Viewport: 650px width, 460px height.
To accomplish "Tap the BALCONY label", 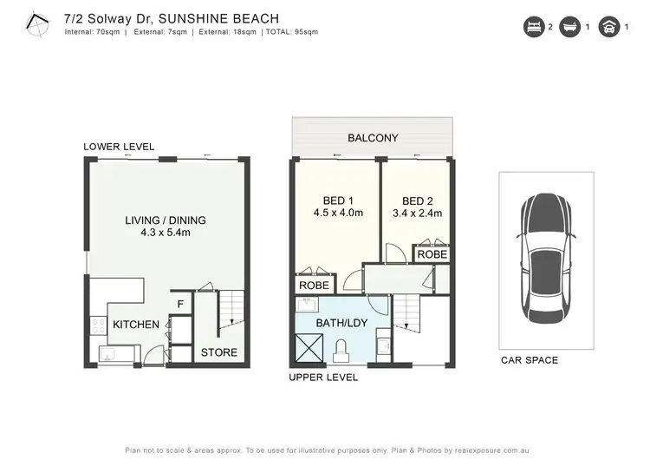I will point(373,138).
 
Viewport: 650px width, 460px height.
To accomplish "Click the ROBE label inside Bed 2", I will point(432,254).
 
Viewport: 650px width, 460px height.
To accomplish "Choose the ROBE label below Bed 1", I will point(314,284).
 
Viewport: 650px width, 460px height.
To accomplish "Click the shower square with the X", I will point(309,346).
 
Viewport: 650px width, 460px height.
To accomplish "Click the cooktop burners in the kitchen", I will point(97,326).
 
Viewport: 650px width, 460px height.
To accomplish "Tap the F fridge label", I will point(180,304).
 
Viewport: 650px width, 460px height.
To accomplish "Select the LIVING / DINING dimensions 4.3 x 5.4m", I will point(165,233).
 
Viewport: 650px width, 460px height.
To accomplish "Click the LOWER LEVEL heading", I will point(118,147).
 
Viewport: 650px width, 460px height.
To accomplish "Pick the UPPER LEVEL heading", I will point(323,378).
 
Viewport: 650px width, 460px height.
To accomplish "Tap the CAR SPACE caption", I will point(529,360).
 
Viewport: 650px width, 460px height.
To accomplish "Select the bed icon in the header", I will point(531,27).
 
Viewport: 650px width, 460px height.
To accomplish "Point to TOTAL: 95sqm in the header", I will point(290,32).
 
